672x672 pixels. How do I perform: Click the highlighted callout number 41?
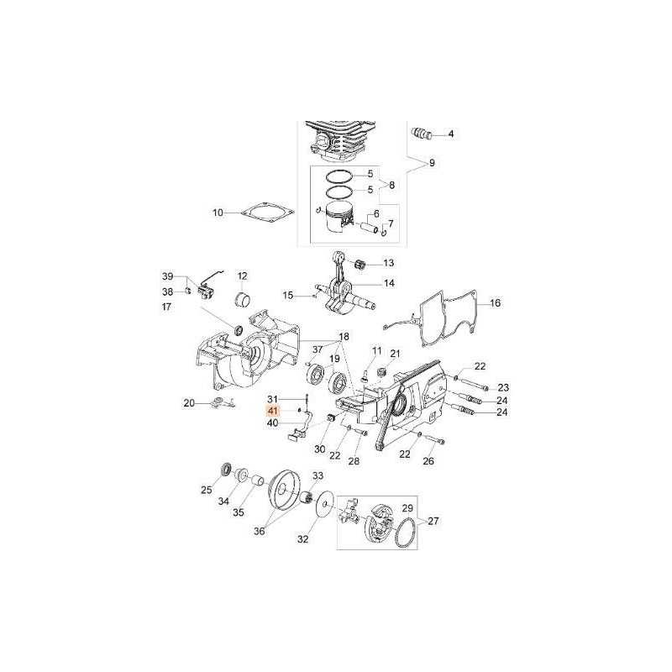(272, 411)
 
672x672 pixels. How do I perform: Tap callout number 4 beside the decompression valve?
(451, 134)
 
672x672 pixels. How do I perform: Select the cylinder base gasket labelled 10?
(267, 213)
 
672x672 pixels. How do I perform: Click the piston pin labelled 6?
(370, 227)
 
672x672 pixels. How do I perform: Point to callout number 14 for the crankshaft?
(389, 283)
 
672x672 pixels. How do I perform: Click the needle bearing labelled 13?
(360, 264)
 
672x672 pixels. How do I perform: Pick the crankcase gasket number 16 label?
(495, 303)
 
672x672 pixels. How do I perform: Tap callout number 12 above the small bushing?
(243, 276)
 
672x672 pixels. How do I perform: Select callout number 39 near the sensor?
(167, 276)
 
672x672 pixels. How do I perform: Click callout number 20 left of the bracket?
(189, 403)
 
